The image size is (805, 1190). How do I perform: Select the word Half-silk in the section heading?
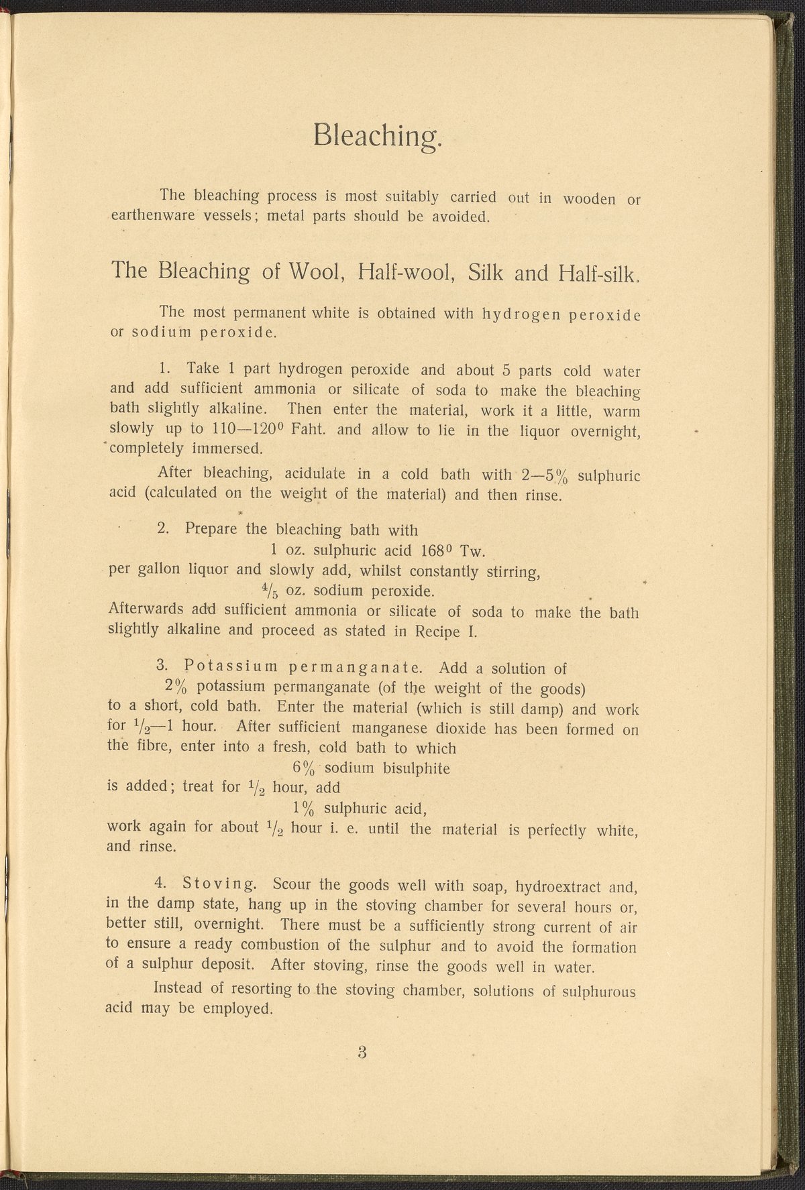(602, 274)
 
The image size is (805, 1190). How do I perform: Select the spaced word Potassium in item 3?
(230, 668)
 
